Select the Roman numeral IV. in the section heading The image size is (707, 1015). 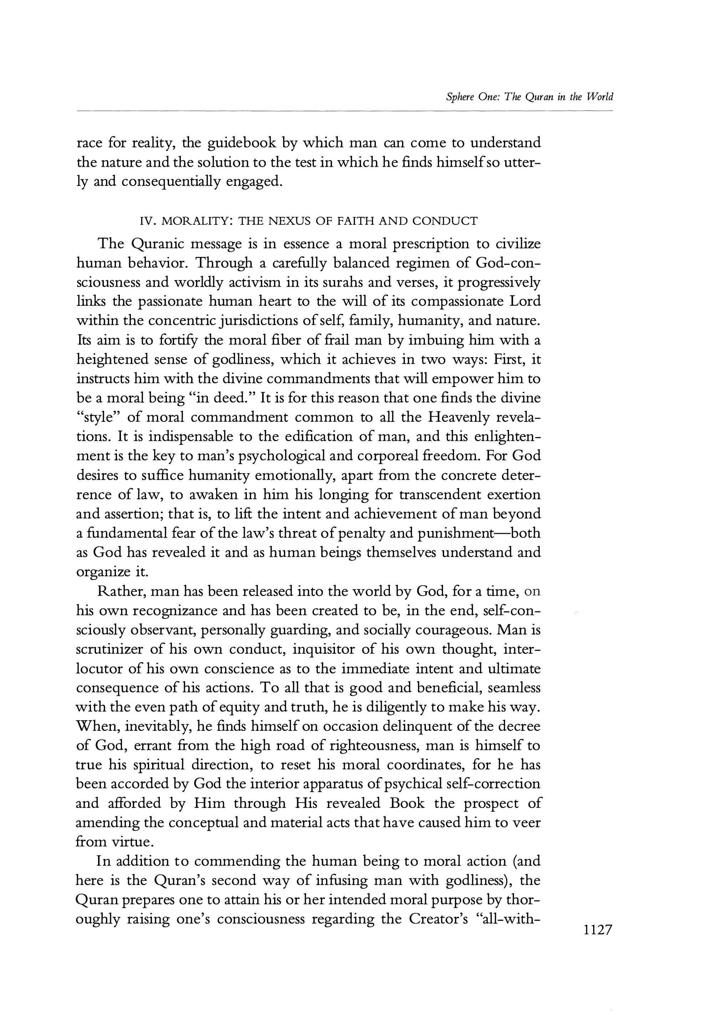(146, 221)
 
